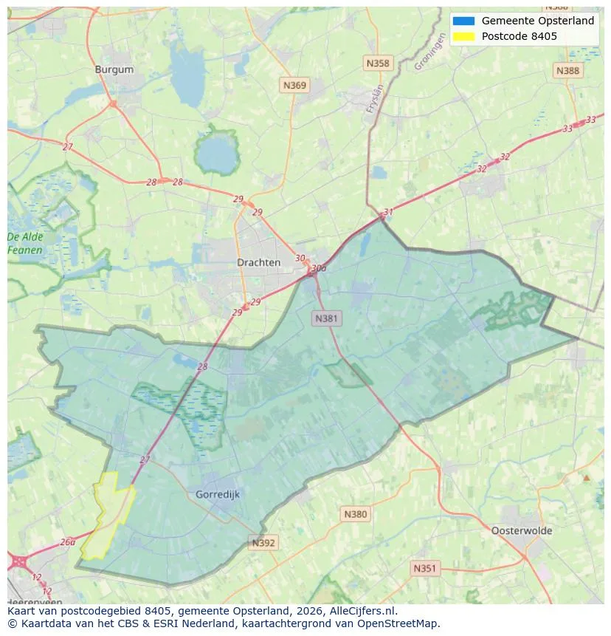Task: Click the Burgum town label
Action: tap(114, 69)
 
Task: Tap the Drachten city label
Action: tap(258, 262)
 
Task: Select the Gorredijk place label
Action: tap(218, 494)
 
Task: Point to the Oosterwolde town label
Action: tap(521, 530)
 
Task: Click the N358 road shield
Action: tap(377, 64)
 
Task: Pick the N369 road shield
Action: tap(294, 86)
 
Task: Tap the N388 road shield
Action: tap(567, 70)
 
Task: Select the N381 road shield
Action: tap(326, 318)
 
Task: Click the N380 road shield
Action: tap(355, 513)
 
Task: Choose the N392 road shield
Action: tap(263, 543)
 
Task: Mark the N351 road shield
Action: tap(424, 568)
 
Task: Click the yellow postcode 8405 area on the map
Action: tap(107, 513)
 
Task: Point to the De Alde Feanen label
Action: tap(25, 244)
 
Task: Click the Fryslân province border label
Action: tap(376, 98)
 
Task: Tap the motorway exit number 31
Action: tap(388, 212)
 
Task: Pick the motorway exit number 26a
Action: tap(67, 541)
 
